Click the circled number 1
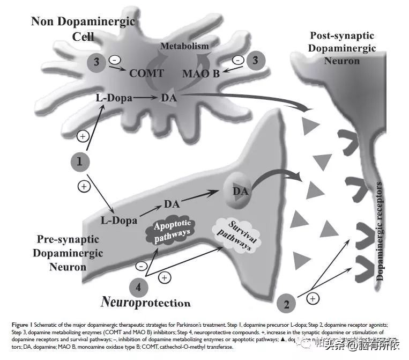point(79,161)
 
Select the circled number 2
point(287,304)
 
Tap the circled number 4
point(138,287)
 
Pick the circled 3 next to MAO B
point(256,60)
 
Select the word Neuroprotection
point(146,302)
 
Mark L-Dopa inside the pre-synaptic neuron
point(119,220)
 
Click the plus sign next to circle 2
point(313,297)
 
